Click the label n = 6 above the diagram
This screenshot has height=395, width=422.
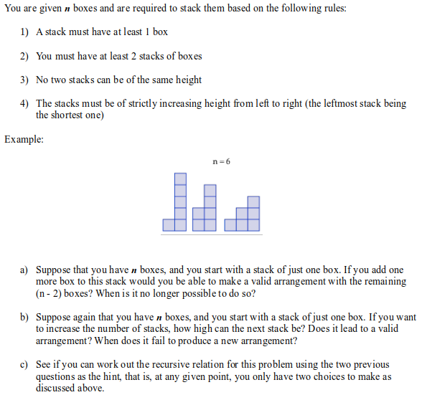[222, 162]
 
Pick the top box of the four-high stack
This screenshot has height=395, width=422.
[210, 191]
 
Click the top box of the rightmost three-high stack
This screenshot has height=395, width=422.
[253, 201]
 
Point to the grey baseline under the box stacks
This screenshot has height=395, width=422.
[211, 233]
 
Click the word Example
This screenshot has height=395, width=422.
[24, 139]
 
